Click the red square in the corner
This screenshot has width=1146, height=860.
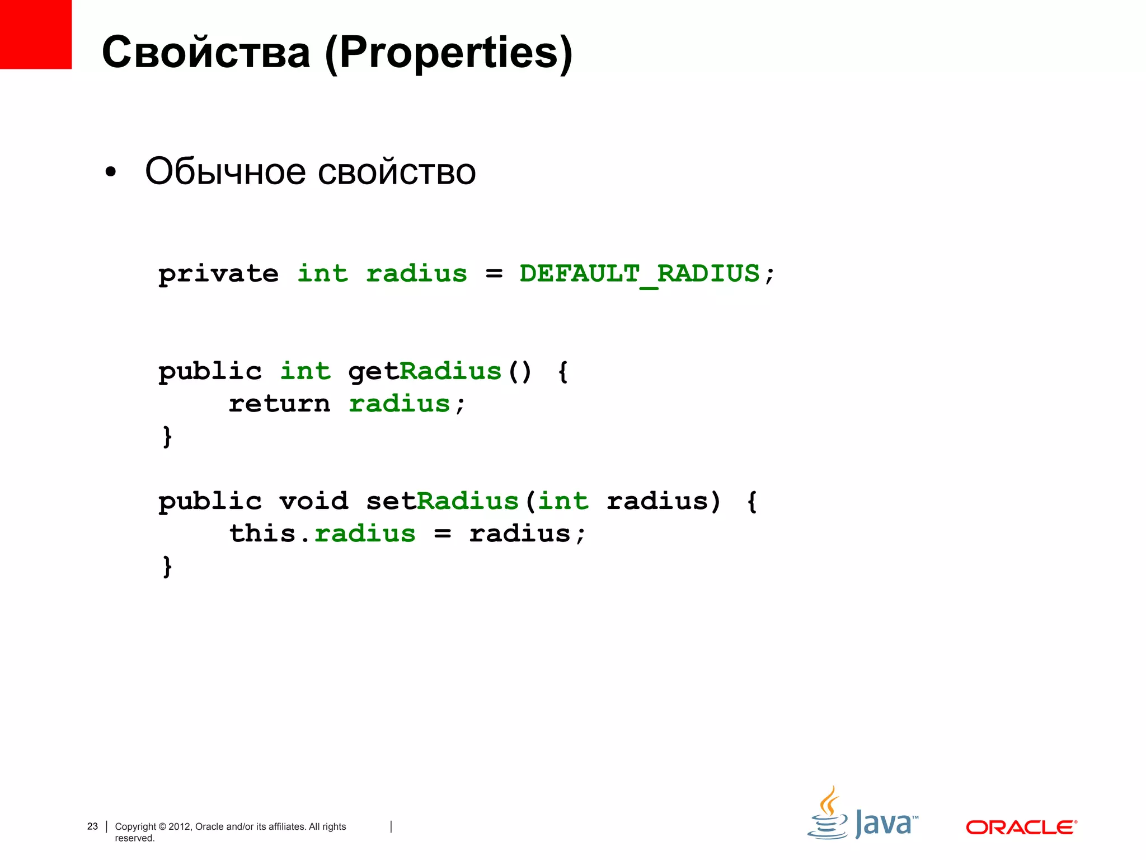[x=35, y=34]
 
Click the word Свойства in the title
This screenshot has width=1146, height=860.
[x=206, y=53]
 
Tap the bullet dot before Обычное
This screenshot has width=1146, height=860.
[x=111, y=173]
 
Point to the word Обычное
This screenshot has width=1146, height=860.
[x=225, y=171]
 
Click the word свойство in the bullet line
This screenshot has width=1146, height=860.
[x=397, y=171]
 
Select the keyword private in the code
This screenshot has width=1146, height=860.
[x=218, y=274]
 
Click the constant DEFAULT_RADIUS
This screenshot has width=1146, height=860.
[x=640, y=274]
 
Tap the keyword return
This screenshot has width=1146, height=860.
[x=279, y=404]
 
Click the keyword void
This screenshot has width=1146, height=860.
[x=313, y=501]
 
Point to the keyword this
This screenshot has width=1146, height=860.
[x=262, y=534]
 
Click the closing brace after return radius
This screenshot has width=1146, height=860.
[x=167, y=437]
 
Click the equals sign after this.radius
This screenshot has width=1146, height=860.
[x=442, y=534]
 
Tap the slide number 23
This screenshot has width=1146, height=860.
[x=92, y=826]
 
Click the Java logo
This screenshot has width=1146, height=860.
[x=862, y=815]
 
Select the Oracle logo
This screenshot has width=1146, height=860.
[x=1021, y=827]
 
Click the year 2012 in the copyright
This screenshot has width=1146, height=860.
[x=180, y=826]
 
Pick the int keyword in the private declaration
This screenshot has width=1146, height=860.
[x=322, y=274]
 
